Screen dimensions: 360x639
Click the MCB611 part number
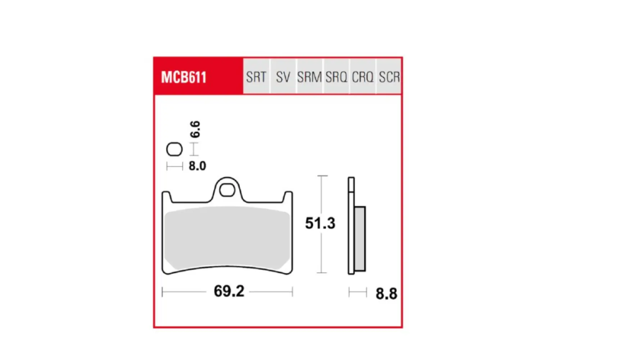point(183,77)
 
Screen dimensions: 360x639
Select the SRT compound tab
point(256,77)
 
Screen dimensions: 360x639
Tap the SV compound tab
point(283,77)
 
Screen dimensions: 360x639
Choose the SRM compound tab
point(309,77)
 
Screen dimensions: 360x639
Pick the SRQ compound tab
point(336,77)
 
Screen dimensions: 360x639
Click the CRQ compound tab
point(363,77)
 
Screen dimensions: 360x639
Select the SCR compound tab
point(389,77)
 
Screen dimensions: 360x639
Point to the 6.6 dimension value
point(195,129)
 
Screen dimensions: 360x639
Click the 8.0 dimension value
point(197,166)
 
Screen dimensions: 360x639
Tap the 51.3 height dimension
point(320,223)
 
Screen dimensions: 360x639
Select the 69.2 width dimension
point(229,291)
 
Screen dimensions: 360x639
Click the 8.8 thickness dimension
point(386,294)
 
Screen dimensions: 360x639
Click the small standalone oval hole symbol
point(175,149)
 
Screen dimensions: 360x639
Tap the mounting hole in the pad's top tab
point(227,190)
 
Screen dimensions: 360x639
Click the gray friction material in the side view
point(360,239)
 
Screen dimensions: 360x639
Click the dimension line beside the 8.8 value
point(358,292)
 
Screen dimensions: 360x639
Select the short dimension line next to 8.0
point(175,166)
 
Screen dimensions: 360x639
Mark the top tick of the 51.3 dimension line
point(322,176)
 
